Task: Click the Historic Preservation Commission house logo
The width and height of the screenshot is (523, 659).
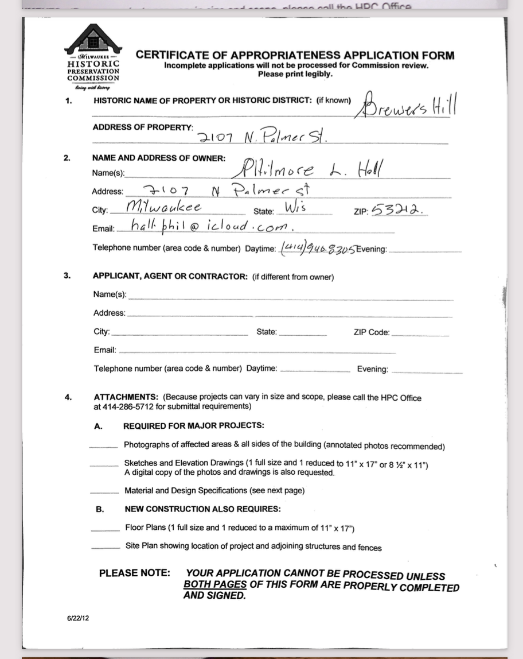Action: pos(93,39)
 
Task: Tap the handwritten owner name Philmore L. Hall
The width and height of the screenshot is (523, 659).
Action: pos(310,169)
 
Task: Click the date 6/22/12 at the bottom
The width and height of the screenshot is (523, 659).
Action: pos(78,618)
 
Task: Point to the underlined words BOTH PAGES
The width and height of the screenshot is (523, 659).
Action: pos(215,585)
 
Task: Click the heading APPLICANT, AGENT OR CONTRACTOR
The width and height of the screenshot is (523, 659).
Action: pos(170,276)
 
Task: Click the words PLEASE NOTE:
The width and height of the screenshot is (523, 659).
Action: pos(134,573)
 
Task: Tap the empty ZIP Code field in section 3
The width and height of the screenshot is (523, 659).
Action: pos(420,333)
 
